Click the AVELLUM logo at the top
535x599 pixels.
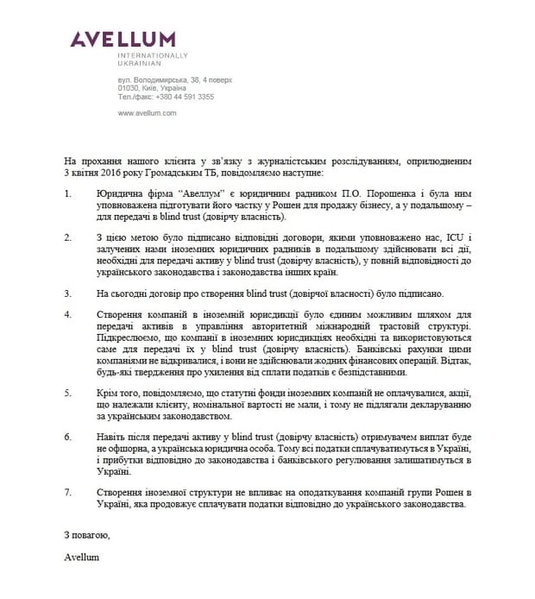pos(123,38)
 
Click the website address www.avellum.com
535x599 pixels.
pos(148,113)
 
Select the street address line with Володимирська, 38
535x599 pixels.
pos(171,79)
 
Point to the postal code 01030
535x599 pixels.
pos(129,88)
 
